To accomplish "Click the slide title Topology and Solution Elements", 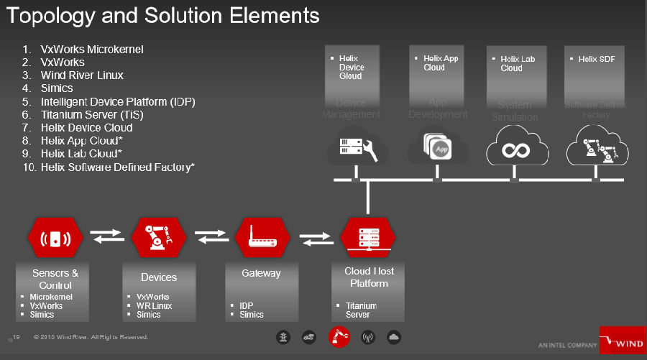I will click(x=162, y=14).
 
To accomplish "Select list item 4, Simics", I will click(x=57, y=88).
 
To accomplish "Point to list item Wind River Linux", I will click(x=82, y=75).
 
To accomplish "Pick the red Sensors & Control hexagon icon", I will click(x=55, y=238).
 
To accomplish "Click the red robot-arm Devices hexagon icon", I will click(x=159, y=238).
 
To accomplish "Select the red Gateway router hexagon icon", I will click(x=262, y=238).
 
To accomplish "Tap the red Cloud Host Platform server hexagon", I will click(x=367, y=238).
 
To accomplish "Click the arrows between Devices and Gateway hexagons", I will click(x=211, y=237).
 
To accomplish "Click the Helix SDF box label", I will click(x=597, y=59).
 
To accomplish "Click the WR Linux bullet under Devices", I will click(x=153, y=305).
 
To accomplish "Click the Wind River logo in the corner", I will click(x=623, y=341).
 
